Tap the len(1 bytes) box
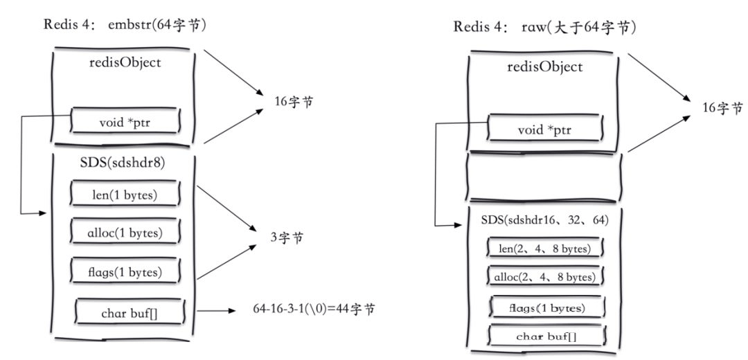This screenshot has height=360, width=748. [x=125, y=195]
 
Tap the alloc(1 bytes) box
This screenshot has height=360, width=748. [x=125, y=233]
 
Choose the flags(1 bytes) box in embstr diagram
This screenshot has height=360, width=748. [x=125, y=271]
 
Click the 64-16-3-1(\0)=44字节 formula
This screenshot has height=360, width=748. [x=315, y=309]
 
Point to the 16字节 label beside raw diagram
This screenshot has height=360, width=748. [x=723, y=108]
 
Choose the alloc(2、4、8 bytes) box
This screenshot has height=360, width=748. [x=546, y=277]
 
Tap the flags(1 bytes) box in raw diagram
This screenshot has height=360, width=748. [x=547, y=307]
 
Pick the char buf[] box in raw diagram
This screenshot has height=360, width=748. [x=547, y=336]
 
